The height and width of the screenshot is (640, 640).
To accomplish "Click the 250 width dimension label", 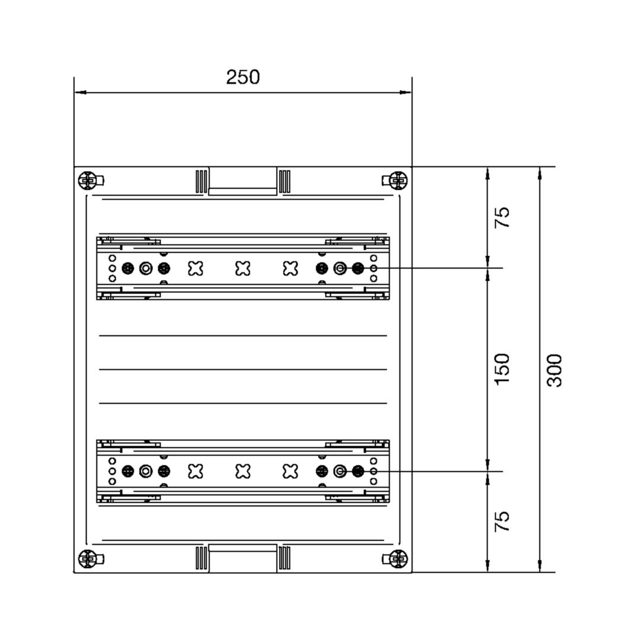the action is point(243,77).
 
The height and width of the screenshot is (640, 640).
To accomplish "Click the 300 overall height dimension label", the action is point(555,370).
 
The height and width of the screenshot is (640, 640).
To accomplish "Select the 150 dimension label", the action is point(502,369).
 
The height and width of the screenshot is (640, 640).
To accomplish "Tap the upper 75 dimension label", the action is point(502,217).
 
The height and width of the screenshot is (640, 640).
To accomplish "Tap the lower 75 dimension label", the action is point(502,521).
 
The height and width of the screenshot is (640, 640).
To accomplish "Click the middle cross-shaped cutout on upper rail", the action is point(243,268).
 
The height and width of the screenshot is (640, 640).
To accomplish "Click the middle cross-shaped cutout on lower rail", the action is point(243,472).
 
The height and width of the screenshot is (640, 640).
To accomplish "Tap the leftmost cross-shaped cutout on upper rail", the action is point(196,268).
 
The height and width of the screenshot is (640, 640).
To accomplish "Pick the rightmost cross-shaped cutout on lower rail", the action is point(290,472).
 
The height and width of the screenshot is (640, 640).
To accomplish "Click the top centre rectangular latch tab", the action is point(243,181).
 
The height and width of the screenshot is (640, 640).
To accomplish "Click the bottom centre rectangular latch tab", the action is point(243,558).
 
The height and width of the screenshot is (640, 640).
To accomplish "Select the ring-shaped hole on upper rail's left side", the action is point(146,268).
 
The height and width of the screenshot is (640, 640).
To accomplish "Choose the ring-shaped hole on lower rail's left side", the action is point(146,472).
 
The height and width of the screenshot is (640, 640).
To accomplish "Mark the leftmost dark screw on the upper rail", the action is point(128,268).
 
